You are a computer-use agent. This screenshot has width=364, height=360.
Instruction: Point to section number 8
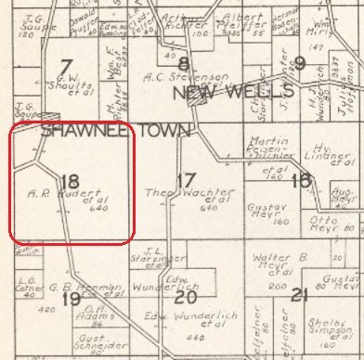click(x=184, y=64)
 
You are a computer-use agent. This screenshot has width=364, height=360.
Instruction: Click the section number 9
click(x=299, y=64)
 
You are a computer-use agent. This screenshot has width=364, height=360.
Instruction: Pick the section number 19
click(x=71, y=298)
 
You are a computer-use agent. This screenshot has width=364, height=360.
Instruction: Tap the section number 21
click(x=299, y=296)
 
